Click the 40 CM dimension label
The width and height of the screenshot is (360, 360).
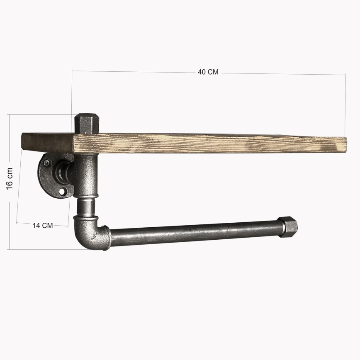coord(208,72)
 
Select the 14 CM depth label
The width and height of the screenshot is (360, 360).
coord(43,225)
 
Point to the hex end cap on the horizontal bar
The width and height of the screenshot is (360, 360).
coord(288,226)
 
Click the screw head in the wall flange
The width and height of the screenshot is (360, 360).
coord(47,162)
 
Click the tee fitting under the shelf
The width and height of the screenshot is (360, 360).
coord(85,174)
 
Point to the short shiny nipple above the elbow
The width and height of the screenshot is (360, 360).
coord(85,206)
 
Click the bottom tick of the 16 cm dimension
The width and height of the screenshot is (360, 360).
coord(9,249)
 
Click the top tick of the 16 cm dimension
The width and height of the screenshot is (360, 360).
coord(9,115)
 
